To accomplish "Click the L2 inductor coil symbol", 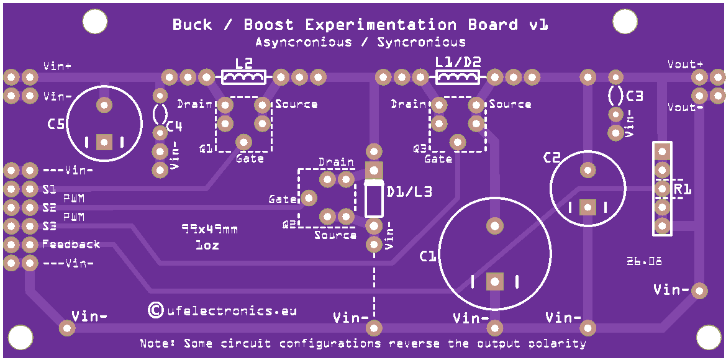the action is [x=244, y=77].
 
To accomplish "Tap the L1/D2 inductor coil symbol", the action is [x=458, y=77].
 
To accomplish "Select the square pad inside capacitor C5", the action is [x=104, y=142].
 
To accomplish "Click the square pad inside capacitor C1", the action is [x=494, y=281].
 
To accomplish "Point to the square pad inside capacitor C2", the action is [x=588, y=207].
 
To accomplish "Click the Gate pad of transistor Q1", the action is [x=243, y=141].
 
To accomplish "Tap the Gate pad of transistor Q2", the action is [x=309, y=199].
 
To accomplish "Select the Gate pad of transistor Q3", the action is [x=458, y=141].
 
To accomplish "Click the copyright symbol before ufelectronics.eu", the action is [x=155, y=310].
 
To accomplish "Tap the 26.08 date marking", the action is [x=644, y=261].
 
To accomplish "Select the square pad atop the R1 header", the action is [x=662, y=151].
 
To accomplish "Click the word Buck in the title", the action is [x=192, y=25].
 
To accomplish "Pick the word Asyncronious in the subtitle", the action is [x=303, y=43].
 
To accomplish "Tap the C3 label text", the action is [x=636, y=96].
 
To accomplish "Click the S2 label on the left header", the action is [x=49, y=207].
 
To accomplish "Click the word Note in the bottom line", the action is [x=155, y=344].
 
